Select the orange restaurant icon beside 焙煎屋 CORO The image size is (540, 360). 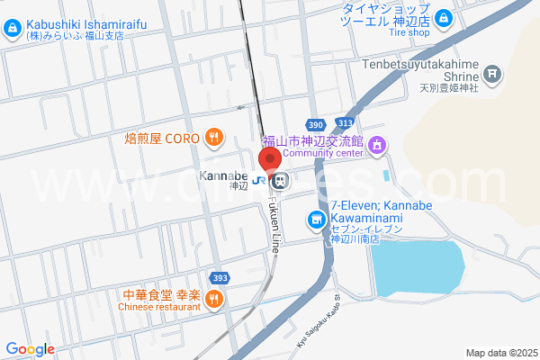(213, 138)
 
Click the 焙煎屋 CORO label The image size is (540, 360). (164, 139)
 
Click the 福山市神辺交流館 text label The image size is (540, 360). (311, 141)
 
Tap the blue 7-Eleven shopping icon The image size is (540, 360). (316, 219)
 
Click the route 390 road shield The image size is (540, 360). (313, 124)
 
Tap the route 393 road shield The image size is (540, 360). (219, 277)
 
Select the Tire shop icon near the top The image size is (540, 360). (443, 17)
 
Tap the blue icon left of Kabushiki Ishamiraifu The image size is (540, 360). (11, 31)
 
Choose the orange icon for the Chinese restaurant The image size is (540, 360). (213, 301)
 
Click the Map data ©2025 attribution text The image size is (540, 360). (500, 353)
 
